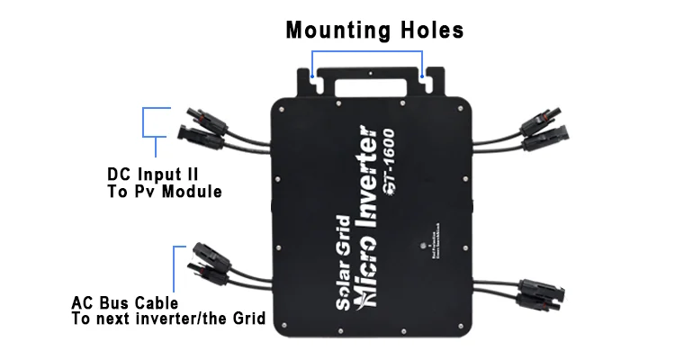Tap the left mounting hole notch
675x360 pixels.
[314, 80]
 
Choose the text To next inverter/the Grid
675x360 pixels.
[167, 319]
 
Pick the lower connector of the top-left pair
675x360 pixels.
[200, 138]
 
